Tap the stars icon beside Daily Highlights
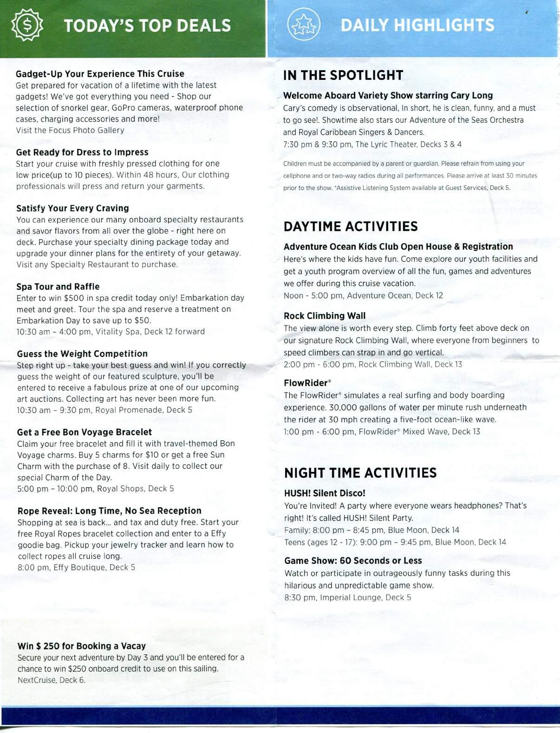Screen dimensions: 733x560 point(304,26)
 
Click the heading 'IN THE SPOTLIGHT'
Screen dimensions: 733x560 point(343,75)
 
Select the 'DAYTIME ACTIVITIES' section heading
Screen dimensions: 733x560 point(351,226)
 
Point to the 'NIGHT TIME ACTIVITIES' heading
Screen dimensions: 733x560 point(360,473)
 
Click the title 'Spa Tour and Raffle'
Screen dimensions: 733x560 point(58,287)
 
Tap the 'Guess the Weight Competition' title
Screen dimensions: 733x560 point(82,353)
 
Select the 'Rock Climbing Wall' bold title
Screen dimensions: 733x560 point(325,316)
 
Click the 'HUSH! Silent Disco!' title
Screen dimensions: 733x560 point(325,493)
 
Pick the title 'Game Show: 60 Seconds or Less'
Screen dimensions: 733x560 point(353,561)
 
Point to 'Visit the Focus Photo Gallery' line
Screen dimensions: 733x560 point(70,130)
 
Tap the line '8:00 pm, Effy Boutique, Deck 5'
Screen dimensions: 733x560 point(76,567)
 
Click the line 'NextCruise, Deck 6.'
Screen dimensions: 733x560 point(52,680)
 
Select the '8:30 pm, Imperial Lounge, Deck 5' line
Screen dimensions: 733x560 point(347,597)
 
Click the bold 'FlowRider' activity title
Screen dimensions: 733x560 point(306,383)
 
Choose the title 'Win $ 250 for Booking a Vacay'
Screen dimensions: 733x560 point(82,646)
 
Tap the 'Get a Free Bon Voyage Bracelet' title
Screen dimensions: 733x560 point(85,432)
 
